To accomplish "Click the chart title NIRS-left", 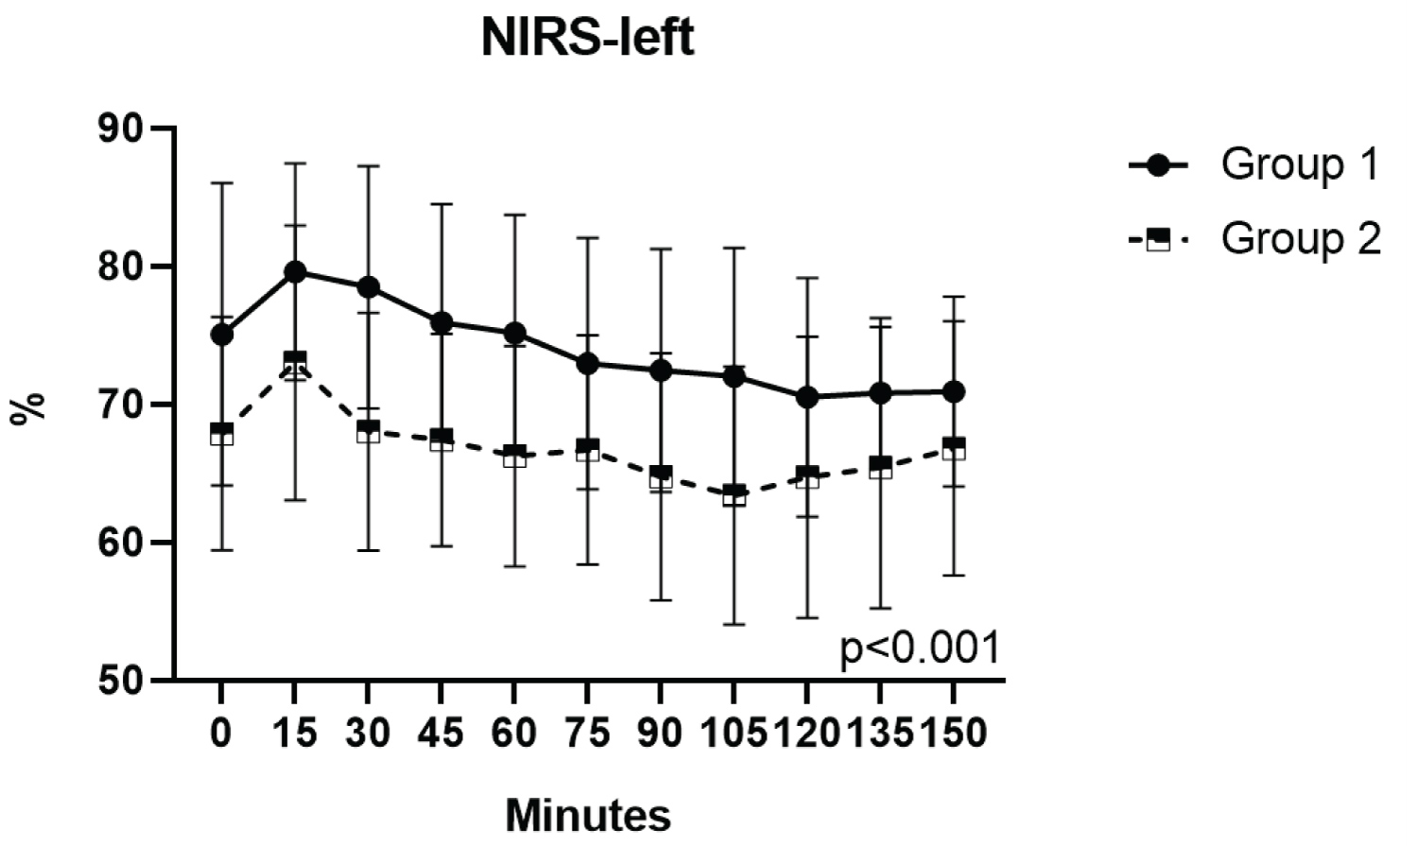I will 587,39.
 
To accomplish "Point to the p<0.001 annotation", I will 919,649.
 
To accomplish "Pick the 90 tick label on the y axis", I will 122,129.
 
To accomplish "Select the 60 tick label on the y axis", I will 122,543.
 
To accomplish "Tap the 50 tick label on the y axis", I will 122,681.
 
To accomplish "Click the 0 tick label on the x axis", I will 221,733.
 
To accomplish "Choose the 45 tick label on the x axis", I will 441,733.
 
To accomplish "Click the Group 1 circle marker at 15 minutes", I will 295,272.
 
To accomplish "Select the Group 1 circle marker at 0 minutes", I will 222,335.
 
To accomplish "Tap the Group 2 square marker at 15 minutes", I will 295,364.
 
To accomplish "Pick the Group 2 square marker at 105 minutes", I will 734,495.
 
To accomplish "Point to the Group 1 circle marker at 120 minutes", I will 807,398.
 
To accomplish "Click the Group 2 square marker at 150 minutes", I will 954,448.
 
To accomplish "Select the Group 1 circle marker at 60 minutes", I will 514,333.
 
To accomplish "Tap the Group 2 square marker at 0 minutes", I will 222,434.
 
